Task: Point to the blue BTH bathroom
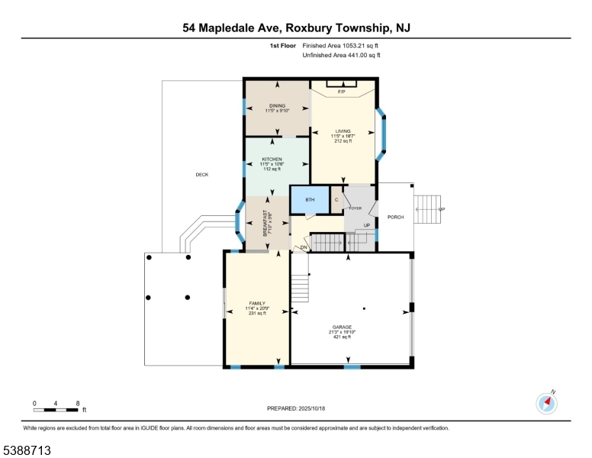pos(310,200)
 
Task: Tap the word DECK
pos(202,175)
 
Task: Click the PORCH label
pos(395,218)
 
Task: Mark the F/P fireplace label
pos(342,92)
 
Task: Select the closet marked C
pos(336,200)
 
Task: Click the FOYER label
pos(356,208)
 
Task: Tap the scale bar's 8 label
pos(78,402)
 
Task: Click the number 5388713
pos(27,450)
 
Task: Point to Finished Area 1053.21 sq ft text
pos(320,46)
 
